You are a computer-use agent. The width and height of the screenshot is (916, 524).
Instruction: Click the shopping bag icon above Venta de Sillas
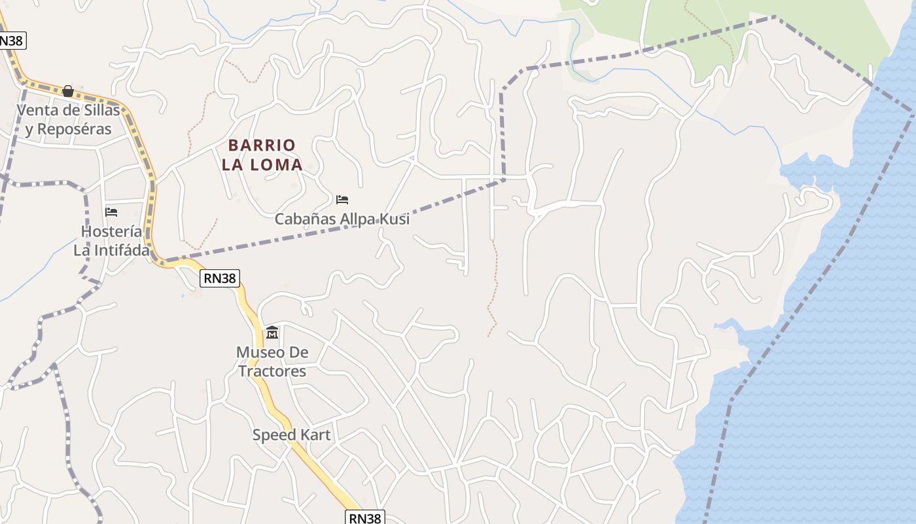68,91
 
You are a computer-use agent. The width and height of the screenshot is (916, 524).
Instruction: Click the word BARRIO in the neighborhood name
262,145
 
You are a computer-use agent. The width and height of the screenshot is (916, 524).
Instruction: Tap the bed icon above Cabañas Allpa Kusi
342,199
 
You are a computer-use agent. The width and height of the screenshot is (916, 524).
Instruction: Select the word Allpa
358,219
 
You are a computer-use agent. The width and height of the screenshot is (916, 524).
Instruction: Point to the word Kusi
396,219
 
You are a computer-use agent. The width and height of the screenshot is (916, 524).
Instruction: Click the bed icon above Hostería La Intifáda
111,212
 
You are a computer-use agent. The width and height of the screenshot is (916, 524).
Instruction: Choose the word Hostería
111,231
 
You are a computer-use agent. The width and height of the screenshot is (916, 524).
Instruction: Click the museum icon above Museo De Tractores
272,333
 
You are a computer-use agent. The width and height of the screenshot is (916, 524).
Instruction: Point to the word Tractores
272,371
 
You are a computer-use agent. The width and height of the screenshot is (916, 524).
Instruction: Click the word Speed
275,435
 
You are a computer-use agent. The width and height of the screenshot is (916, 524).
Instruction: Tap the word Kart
315,435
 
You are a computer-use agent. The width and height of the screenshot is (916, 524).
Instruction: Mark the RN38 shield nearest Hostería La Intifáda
219,278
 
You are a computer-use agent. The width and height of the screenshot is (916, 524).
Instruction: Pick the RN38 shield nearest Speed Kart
365,517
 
